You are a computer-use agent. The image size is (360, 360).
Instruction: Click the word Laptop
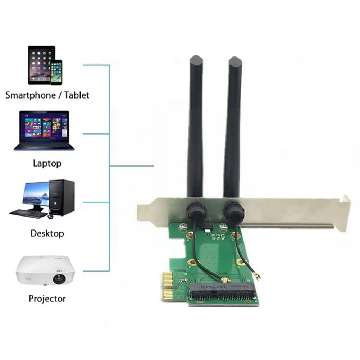[47, 163]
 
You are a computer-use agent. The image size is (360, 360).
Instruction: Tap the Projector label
[47, 298]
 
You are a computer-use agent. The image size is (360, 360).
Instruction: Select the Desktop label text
[47, 233]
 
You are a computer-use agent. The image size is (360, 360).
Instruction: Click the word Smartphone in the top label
[30, 95]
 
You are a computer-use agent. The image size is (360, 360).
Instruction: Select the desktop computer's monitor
[36, 195]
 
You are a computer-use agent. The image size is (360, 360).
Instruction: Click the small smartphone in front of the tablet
[56, 72]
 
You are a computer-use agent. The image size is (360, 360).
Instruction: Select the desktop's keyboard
[28, 213]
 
